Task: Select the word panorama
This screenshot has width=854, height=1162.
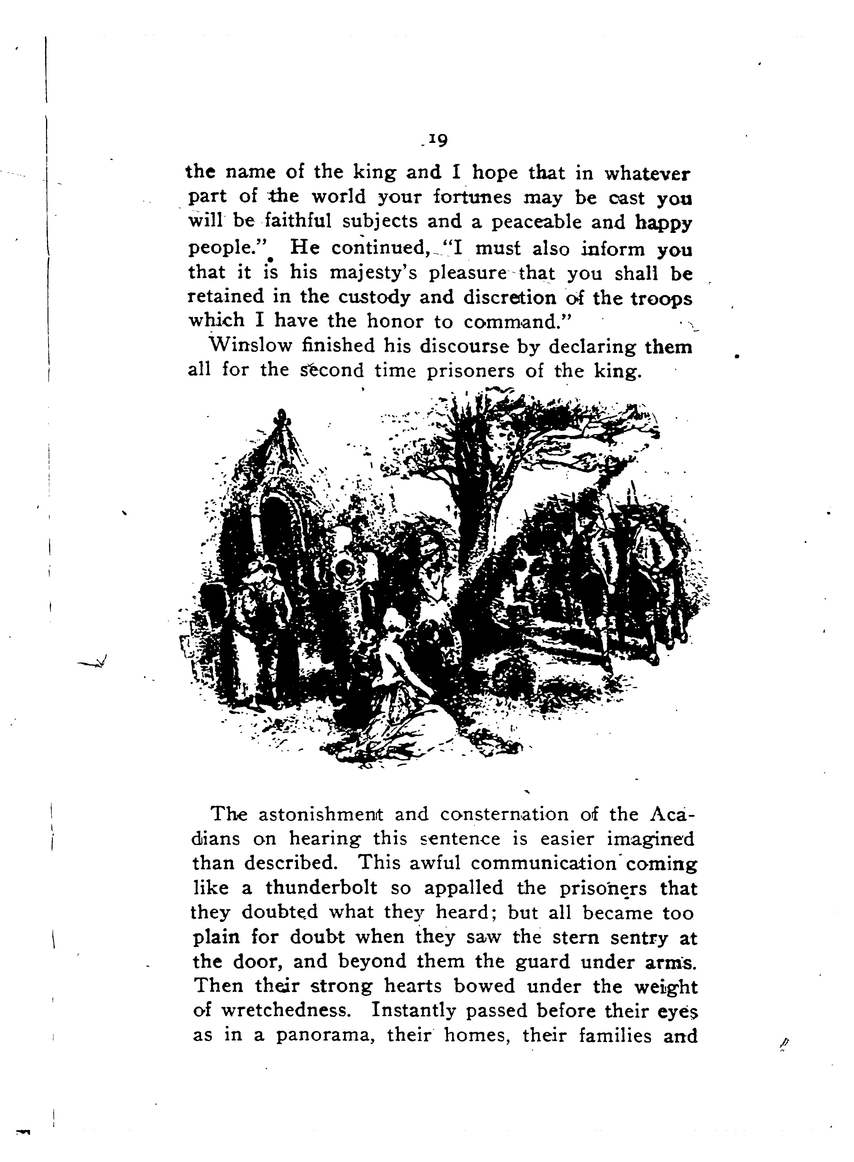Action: tap(325, 1036)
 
